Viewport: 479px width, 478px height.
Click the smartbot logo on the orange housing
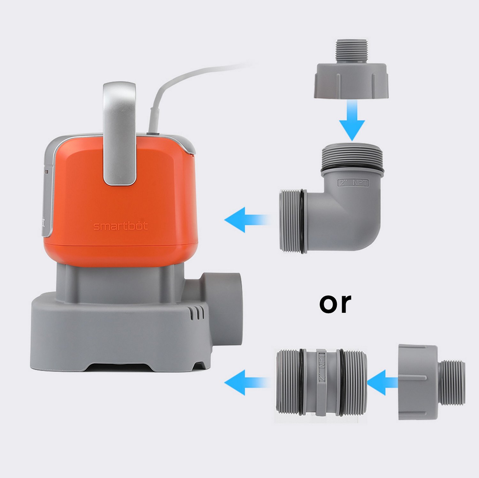120,226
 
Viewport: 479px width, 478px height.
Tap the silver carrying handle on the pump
119,134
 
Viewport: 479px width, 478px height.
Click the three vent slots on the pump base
198,313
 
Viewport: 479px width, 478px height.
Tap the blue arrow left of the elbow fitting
246,220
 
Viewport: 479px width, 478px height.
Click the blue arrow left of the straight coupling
246,382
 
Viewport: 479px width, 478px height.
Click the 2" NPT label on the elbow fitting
353,183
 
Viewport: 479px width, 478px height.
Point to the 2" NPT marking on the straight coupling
321,367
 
